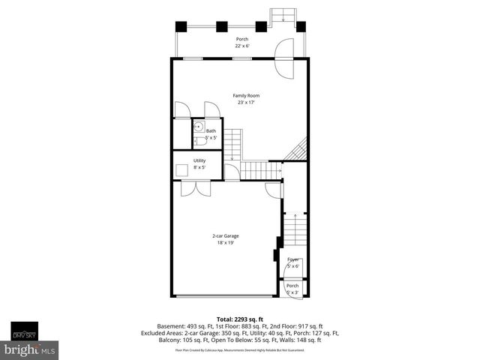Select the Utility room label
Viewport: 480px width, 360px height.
pyautogui.click(x=199, y=160)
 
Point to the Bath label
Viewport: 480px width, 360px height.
pyautogui.click(x=211, y=131)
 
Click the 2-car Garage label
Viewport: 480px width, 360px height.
pyautogui.click(x=225, y=235)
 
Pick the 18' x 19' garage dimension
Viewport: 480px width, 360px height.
pyautogui.click(x=225, y=243)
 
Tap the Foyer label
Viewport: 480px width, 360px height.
pyautogui.click(x=292, y=259)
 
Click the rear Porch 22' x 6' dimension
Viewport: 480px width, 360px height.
pyautogui.click(x=241, y=46)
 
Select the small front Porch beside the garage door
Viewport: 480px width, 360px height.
pyautogui.click(x=292, y=288)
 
